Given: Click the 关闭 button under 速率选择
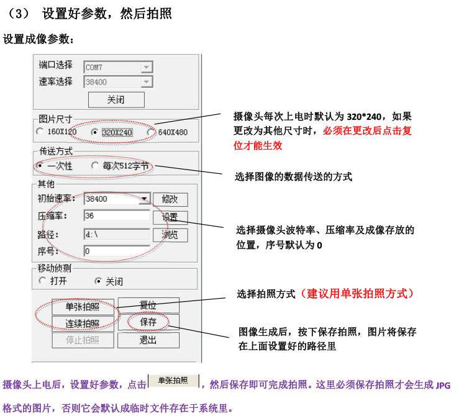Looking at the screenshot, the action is tap(116, 100).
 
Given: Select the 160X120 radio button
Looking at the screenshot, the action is tap(40, 132).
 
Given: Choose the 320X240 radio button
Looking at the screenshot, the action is tap(94, 132).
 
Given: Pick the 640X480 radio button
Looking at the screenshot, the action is tap(151, 132).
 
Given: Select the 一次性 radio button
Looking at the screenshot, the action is tap(40, 166).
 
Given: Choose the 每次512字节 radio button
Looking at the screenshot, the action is tap(94, 166).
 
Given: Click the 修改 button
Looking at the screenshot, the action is tap(170, 199).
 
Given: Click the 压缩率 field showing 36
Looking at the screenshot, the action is tap(117, 216).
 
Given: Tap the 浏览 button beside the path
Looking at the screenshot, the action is tap(170, 235).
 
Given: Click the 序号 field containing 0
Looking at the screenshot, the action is tap(117, 251).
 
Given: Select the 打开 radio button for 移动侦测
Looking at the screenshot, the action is tap(42, 281).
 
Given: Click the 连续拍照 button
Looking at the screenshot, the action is tap(83, 323).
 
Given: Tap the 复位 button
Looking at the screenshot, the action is tap(148, 305).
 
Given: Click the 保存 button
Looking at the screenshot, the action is tap(148, 322).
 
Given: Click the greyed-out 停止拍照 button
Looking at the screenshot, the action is tap(83, 340).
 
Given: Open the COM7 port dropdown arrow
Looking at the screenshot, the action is tap(147, 67).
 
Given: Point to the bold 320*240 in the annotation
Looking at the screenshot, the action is tap(364, 117).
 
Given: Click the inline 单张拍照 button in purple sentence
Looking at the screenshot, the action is tap(173, 381).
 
